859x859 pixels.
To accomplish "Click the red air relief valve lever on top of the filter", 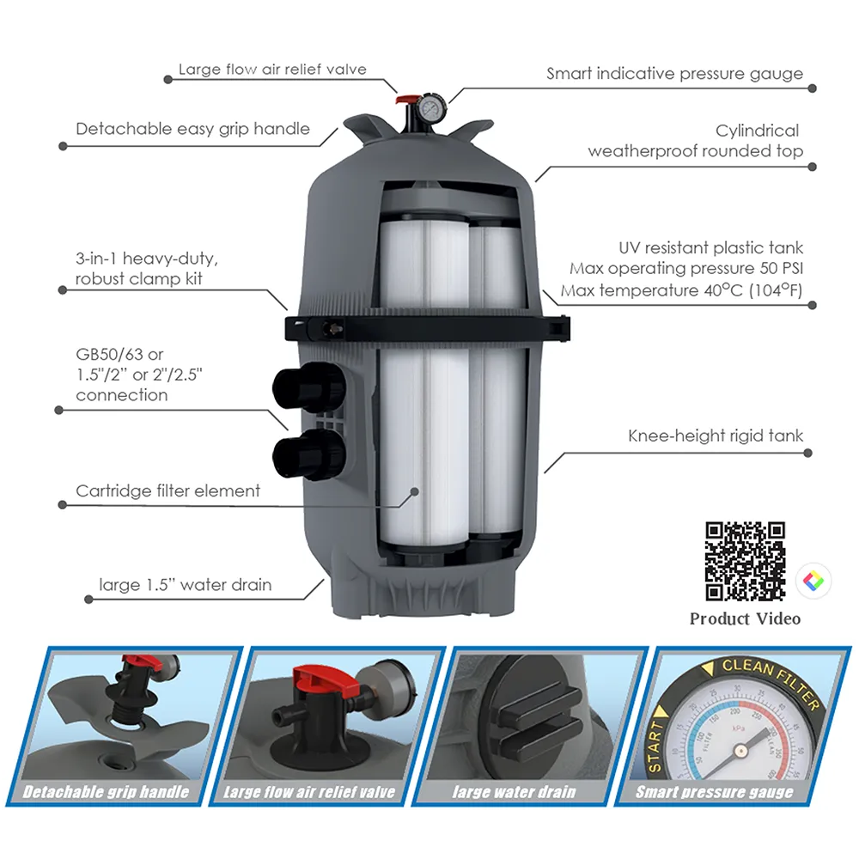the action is (x=407, y=101).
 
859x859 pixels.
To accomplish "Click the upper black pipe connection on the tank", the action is (x=308, y=387).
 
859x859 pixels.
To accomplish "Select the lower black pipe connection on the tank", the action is (x=308, y=454).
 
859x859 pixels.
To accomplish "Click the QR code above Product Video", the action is (x=745, y=562).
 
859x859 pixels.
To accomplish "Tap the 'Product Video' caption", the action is (x=745, y=619).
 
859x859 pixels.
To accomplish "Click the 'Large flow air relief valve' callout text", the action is (x=272, y=70).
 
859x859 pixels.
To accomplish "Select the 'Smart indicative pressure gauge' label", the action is (x=674, y=74).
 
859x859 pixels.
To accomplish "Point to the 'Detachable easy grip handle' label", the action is (x=192, y=130).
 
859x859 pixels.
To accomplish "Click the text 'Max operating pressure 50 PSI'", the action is (x=686, y=268).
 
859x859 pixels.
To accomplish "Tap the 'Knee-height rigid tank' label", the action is (x=716, y=436).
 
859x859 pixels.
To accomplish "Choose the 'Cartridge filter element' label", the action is (x=168, y=490).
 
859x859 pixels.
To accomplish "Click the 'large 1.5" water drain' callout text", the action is (x=186, y=585).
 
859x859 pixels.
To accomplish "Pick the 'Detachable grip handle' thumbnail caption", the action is (x=106, y=792).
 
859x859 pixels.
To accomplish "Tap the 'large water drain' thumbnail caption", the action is (x=514, y=792).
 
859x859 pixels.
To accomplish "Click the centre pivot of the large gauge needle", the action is (x=740, y=750).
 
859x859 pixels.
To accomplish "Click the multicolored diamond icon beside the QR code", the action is (x=813, y=581).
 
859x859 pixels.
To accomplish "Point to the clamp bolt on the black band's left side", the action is (x=331, y=329).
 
